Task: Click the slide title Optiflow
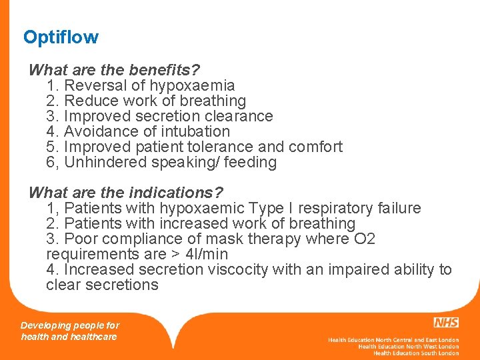61,37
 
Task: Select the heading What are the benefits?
115,70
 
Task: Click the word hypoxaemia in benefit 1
192,85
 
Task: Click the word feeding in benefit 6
250,162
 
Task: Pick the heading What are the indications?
126,193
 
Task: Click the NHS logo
445,323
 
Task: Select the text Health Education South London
416,353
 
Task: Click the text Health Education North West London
408,347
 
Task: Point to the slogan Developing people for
70,325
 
